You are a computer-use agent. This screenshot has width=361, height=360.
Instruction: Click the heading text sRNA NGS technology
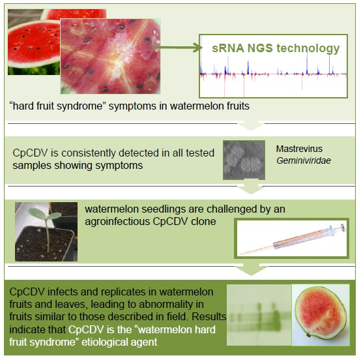coord(276,48)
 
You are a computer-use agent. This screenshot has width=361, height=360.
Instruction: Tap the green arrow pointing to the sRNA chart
coord(177,48)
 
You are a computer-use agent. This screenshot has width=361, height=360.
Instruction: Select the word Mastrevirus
coord(299,149)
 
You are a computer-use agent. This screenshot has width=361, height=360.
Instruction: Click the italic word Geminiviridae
coord(304,160)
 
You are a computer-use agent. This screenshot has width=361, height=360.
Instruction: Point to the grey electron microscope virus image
coord(244,160)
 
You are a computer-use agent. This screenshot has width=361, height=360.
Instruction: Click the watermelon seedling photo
coord(46,232)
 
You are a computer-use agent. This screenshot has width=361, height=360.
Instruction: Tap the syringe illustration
coord(292,239)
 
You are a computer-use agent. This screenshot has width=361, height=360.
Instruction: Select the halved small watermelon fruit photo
coord(321,315)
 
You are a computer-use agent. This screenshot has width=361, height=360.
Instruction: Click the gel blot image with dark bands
coord(259,315)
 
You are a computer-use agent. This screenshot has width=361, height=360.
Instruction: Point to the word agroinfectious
coord(117,222)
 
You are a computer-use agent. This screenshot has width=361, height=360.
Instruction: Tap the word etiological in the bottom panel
coord(104,342)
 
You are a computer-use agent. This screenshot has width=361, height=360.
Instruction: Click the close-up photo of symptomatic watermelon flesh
coord(111,56)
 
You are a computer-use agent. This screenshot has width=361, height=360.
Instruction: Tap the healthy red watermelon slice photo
coord(34,42)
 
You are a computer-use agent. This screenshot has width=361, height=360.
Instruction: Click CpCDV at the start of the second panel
coord(30,153)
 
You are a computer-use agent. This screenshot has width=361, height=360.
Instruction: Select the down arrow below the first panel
coord(251,125)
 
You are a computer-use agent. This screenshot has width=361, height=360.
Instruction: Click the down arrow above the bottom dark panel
coord(251,269)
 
